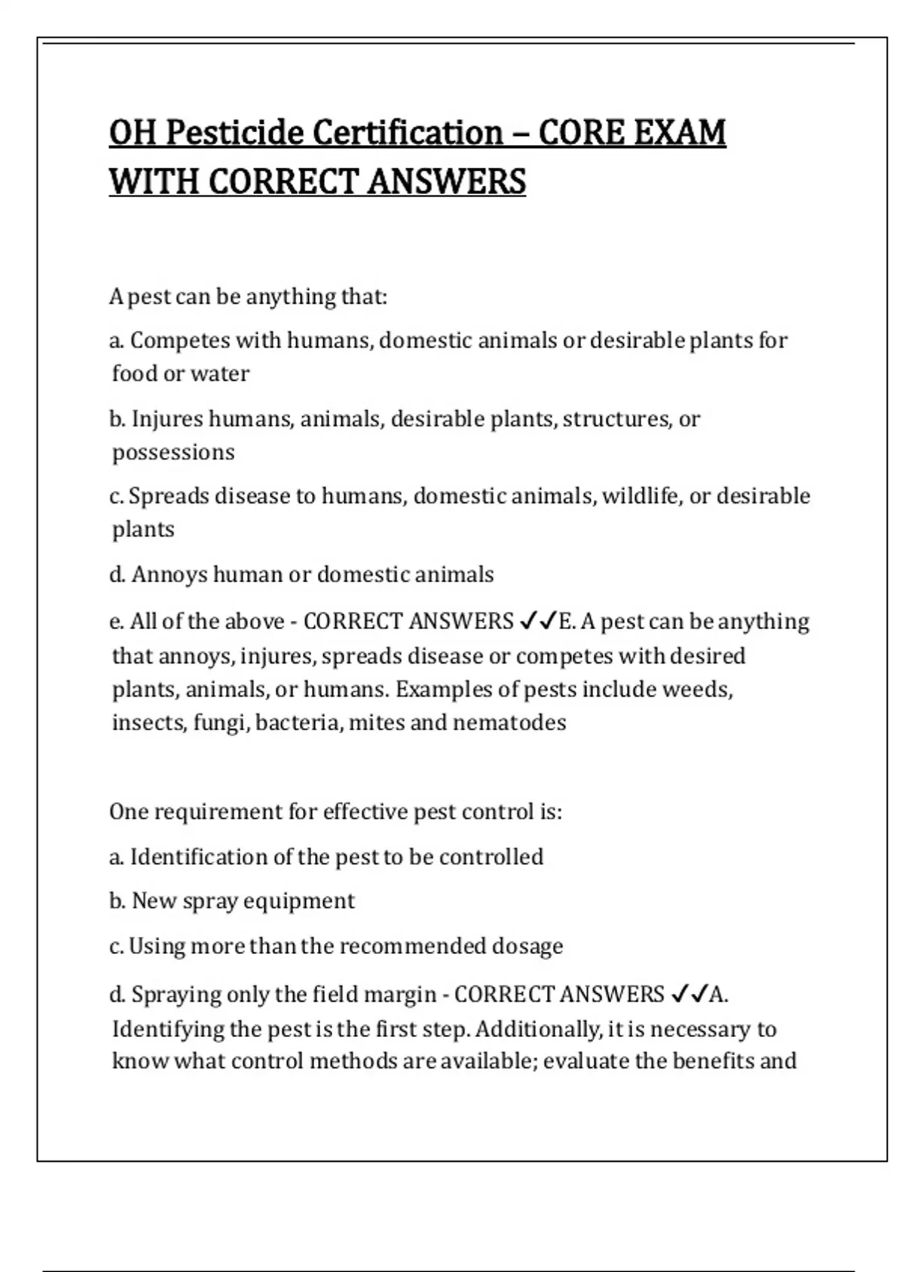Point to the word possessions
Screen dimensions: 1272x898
173,453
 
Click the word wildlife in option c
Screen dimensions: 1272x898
641,496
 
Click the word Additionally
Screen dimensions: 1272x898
537,1030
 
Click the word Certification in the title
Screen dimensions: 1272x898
408,133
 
